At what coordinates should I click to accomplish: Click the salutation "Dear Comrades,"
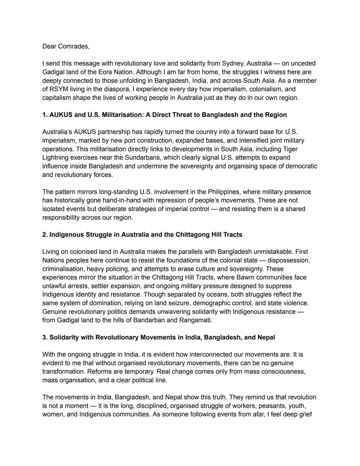(x=66, y=46)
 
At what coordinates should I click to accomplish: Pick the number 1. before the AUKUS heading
(x=45, y=115)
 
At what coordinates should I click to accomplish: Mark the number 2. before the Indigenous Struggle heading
(x=45, y=235)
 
